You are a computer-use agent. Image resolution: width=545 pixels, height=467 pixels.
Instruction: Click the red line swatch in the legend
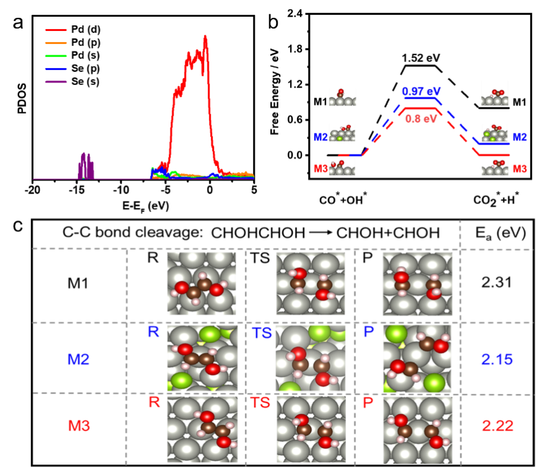55,30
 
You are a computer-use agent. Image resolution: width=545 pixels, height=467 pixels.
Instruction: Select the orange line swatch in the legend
55,43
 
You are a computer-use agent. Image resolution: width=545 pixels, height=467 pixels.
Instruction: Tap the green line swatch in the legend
55,56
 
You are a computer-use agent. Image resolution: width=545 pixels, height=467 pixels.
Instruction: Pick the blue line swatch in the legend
55,69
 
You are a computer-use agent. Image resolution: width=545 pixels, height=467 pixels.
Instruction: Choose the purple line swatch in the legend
55,81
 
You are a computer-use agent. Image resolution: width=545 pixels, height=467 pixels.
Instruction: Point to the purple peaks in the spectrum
86,166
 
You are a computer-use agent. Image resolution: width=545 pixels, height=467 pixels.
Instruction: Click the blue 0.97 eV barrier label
421,91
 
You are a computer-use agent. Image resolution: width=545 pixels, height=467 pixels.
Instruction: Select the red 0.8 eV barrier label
421,118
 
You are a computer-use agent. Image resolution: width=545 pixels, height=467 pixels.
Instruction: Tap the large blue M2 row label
78,358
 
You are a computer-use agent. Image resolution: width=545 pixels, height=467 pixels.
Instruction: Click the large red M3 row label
79,425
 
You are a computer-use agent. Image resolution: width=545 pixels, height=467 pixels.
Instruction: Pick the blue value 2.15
497,358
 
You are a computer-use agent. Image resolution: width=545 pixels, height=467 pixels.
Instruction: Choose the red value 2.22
497,425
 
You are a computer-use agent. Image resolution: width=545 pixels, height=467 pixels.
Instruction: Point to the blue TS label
262,333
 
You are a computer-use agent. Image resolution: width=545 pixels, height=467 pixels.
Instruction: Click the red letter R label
154,402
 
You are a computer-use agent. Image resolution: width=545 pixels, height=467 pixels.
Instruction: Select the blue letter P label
369,332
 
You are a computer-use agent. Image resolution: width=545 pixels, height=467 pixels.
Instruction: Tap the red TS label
261,403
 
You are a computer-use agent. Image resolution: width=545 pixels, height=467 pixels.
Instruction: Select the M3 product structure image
417,430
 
